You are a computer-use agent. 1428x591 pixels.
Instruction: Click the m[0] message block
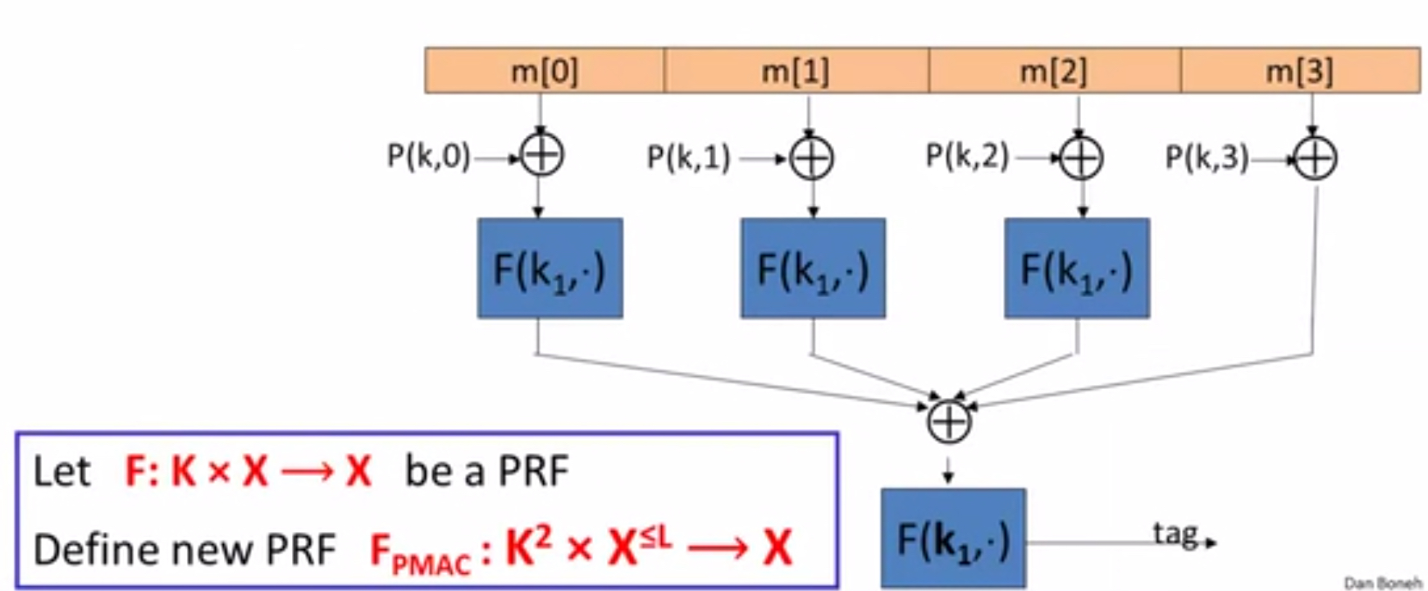click(x=544, y=71)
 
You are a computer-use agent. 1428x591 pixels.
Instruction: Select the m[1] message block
click(x=796, y=71)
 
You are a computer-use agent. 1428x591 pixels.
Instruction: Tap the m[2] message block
click(x=1054, y=71)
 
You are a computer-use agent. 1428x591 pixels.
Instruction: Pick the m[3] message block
click(x=1300, y=71)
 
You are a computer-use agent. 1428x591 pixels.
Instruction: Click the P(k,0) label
click(x=428, y=156)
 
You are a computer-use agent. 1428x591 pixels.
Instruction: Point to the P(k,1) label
click(x=688, y=158)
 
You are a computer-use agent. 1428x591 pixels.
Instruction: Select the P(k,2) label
click(x=967, y=156)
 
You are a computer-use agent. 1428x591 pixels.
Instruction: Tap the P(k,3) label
click(x=1207, y=158)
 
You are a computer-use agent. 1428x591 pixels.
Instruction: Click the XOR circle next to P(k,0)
click(x=541, y=155)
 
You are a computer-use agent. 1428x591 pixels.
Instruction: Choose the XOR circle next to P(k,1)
click(x=811, y=158)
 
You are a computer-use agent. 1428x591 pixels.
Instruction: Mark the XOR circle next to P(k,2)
click(x=1081, y=158)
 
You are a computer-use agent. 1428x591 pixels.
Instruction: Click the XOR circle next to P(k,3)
click(x=1315, y=158)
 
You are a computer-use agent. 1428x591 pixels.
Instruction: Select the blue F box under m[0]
click(x=550, y=268)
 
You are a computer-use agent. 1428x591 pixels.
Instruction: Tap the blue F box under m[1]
click(x=813, y=268)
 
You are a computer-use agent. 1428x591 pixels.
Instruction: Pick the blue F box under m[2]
click(x=1076, y=268)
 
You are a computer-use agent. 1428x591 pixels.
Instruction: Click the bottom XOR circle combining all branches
click(x=949, y=422)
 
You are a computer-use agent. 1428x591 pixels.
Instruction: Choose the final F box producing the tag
click(x=953, y=538)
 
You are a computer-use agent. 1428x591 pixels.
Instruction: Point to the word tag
click(x=1175, y=534)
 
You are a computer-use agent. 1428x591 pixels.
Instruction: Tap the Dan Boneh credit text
click(x=1381, y=583)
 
